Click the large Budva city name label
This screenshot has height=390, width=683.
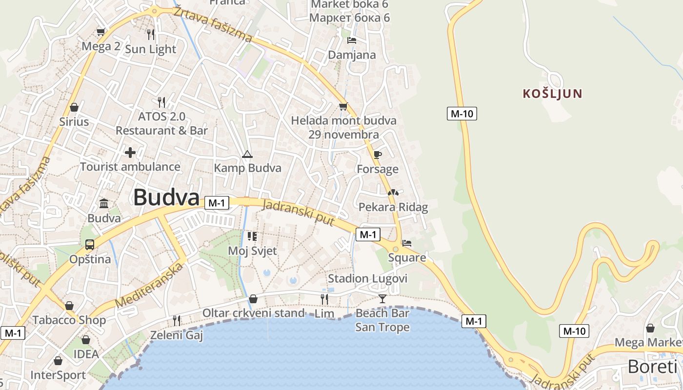click(166, 198)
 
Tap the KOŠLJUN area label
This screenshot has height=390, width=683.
click(553, 94)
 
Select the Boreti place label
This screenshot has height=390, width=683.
click(652, 367)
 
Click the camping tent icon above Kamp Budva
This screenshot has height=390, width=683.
click(247, 155)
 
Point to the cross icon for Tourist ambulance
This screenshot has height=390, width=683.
click(130, 153)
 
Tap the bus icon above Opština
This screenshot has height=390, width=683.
click(90, 245)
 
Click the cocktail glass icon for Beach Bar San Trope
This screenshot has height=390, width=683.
click(382, 298)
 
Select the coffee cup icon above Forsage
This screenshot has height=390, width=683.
click(377, 155)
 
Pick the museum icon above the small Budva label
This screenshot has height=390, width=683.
click(104, 203)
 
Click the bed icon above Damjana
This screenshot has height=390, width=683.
click(352, 40)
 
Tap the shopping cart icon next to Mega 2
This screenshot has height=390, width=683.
click(101, 32)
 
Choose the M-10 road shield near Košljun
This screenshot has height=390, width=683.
click(462, 114)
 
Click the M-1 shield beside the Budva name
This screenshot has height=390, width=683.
click(217, 203)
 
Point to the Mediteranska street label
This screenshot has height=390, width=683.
click(151, 286)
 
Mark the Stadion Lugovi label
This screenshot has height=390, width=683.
click(367, 278)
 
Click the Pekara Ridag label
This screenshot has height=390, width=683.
click(393, 207)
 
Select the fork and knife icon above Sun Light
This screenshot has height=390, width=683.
click(151, 34)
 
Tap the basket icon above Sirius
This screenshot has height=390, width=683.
click(74, 107)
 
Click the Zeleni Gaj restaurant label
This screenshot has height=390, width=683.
click(176, 335)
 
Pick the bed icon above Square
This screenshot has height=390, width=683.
click(407, 243)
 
